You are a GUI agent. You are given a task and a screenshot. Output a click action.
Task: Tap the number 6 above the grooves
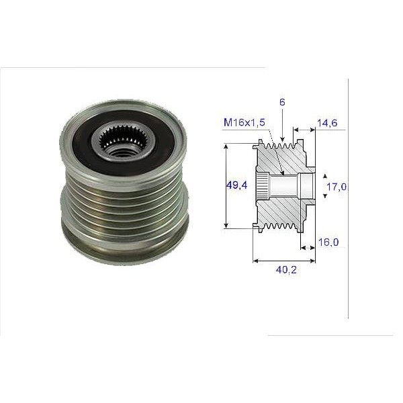click(283, 102)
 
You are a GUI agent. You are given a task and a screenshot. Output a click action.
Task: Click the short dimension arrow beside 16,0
click(308, 248)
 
